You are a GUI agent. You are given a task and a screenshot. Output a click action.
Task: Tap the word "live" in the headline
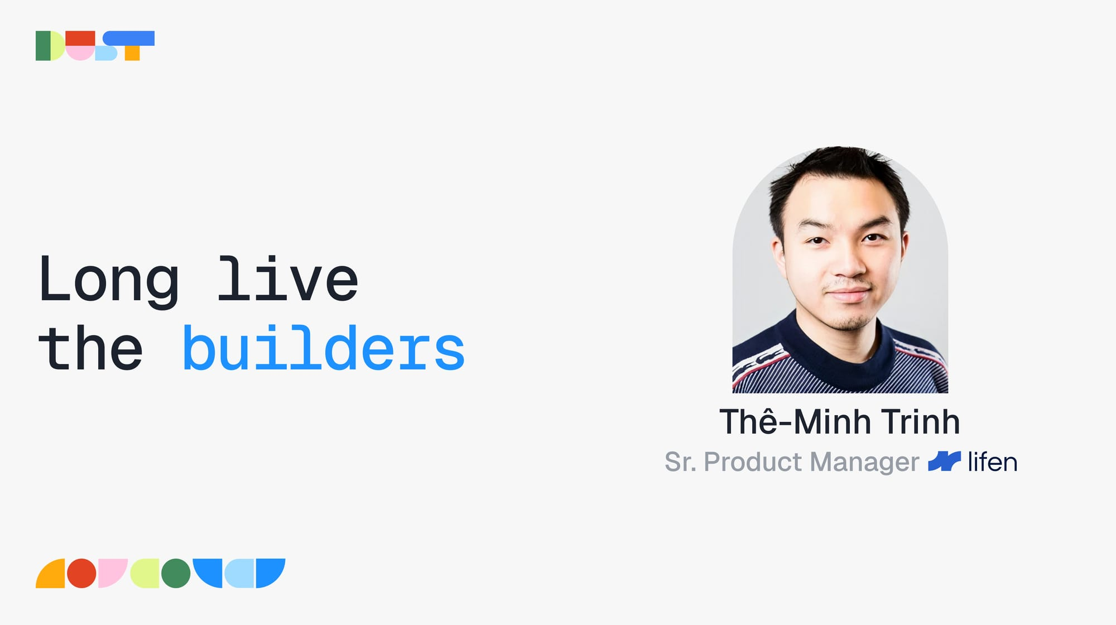(287, 278)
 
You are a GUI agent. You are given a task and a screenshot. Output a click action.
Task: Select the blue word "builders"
(324, 347)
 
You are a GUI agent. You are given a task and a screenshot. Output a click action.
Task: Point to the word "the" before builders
(91, 348)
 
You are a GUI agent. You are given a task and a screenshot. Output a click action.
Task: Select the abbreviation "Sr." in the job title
(680, 462)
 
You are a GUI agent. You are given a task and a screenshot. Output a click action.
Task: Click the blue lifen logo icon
(944, 461)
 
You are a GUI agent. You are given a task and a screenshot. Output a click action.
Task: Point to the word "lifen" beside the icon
(992, 462)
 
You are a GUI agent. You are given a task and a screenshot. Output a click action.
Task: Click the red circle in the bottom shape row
(81, 573)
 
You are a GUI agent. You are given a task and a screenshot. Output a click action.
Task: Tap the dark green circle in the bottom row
(176, 573)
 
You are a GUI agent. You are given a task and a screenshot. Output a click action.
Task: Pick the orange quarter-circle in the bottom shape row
(53, 576)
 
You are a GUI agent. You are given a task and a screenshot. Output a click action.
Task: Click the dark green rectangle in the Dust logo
(43, 46)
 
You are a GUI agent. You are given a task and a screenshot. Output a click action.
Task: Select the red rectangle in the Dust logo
(80, 38)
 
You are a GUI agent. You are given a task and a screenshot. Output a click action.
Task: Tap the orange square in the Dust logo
(132, 53)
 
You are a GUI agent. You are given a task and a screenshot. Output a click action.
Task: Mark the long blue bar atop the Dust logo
(129, 38)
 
